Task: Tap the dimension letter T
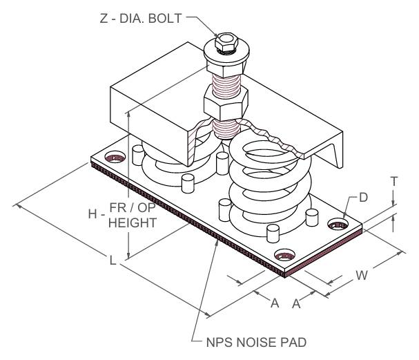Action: pyautogui.click(x=393, y=181)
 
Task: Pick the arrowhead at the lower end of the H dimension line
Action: pyautogui.click(x=129, y=253)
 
